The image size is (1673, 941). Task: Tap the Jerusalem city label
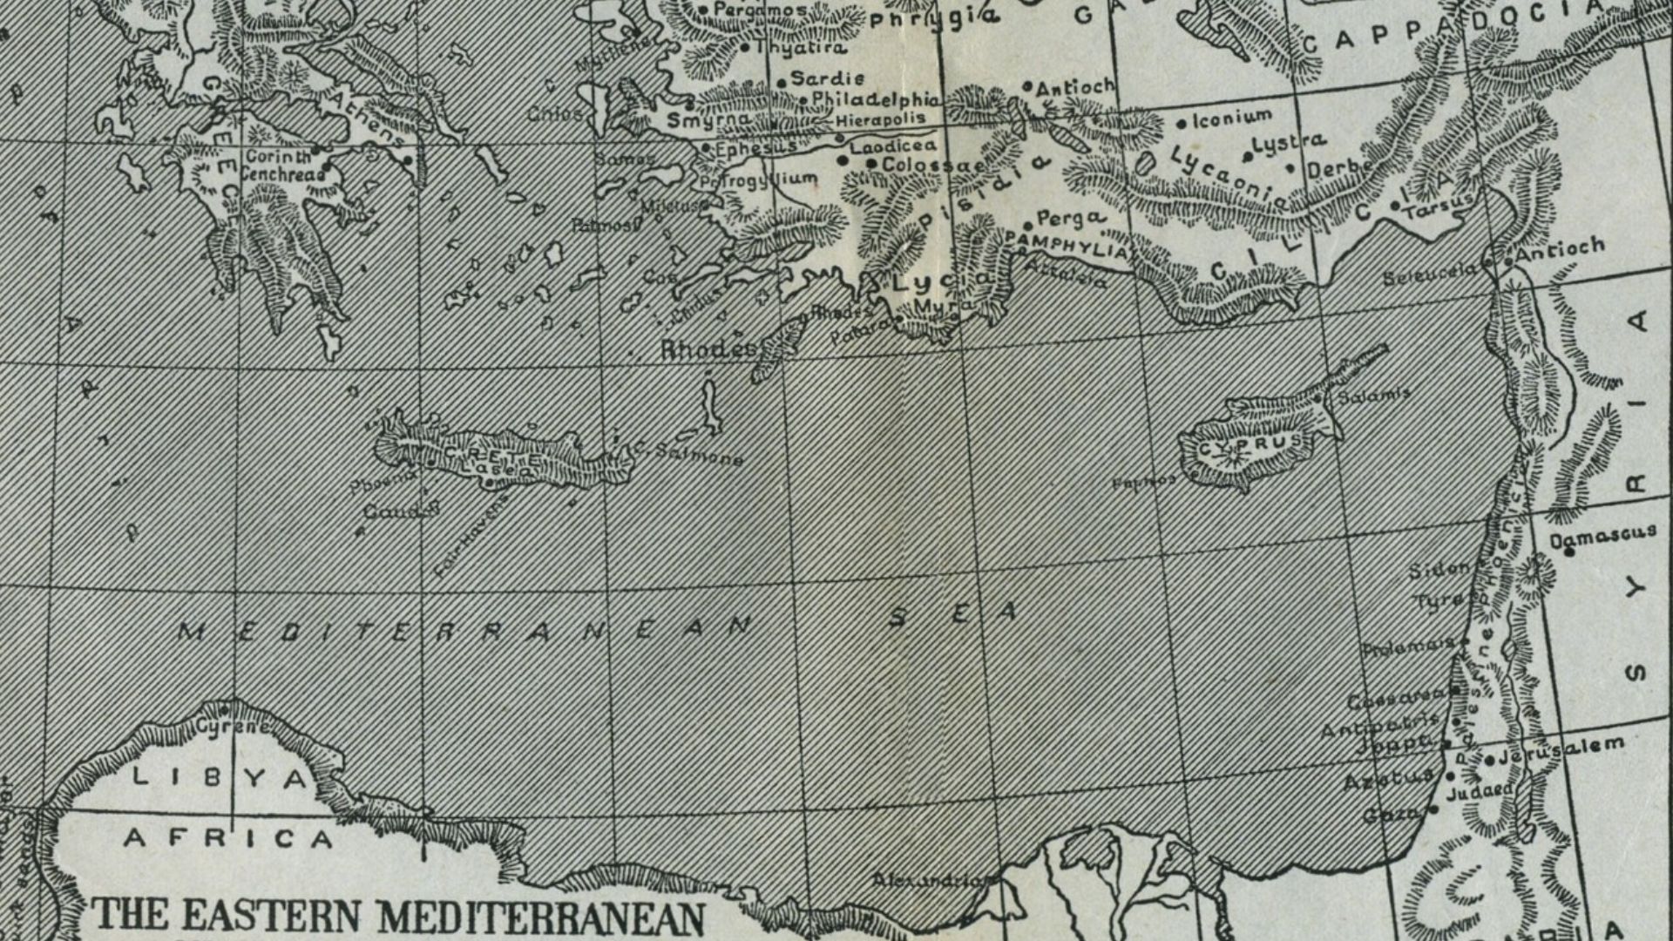click(x=1561, y=750)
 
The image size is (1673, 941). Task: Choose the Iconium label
click(x=1231, y=118)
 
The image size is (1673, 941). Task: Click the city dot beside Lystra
click(x=1249, y=158)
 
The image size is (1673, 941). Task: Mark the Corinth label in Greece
click(x=278, y=157)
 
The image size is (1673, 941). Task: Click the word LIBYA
click(x=220, y=777)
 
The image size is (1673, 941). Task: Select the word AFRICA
click(x=228, y=839)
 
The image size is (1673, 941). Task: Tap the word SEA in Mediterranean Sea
click(x=953, y=614)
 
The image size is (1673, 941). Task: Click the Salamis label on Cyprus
click(x=1373, y=395)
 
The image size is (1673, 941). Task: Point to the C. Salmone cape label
click(x=688, y=454)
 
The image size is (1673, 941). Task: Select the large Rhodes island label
click(x=708, y=349)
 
